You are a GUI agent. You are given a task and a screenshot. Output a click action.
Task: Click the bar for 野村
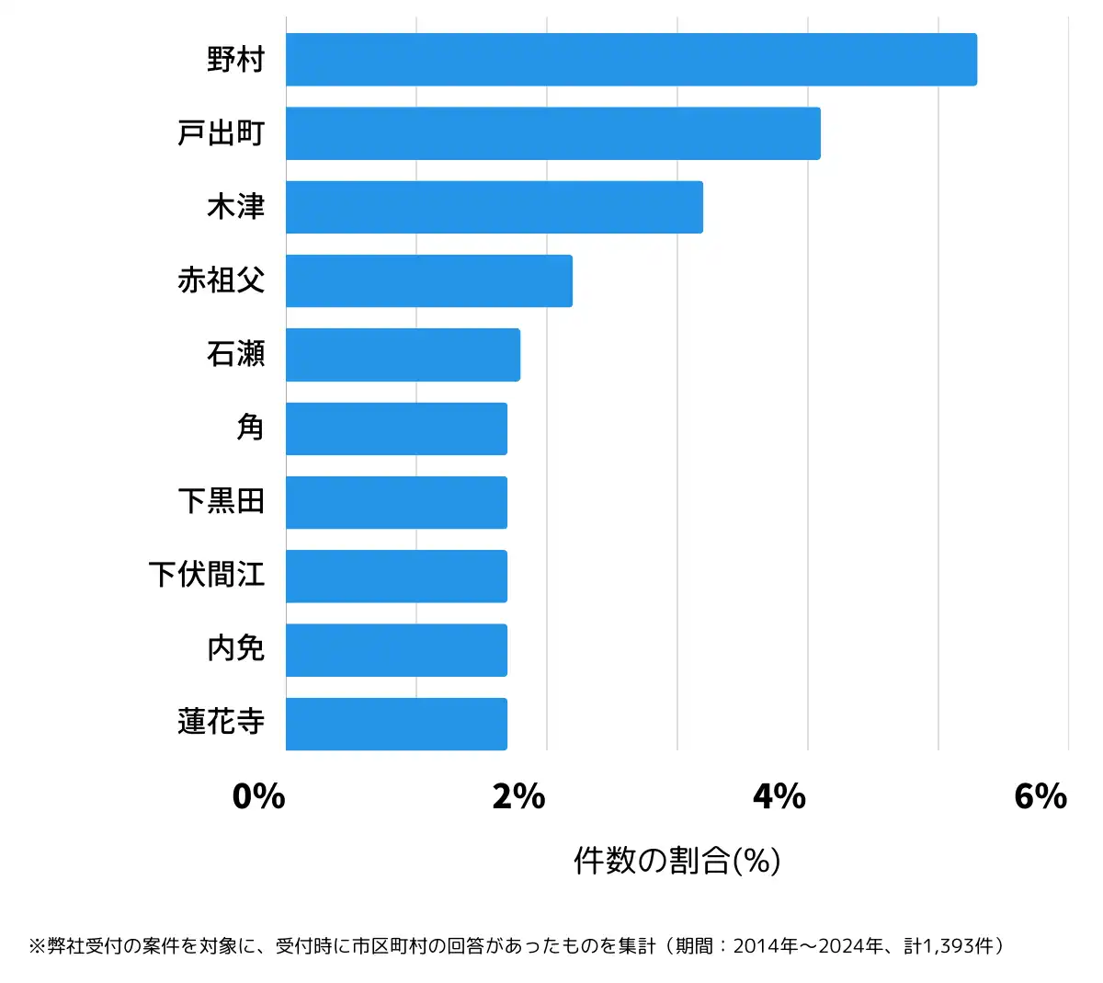pyautogui.click(x=631, y=60)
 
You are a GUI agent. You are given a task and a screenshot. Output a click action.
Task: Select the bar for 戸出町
pyautogui.click(x=552, y=133)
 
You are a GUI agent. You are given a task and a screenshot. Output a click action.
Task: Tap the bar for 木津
pyautogui.click(x=494, y=207)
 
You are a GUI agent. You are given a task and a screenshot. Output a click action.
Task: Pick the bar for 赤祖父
pyautogui.click(x=428, y=280)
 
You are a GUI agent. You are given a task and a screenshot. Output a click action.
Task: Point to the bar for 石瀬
pyautogui.click(x=403, y=354)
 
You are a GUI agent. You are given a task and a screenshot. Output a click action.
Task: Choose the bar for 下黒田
pyautogui.click(x=396, y=502)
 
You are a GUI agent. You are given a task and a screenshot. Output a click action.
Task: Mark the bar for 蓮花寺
pyautogui.click(x=396, y=724)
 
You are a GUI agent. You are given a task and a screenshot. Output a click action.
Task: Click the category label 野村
pyautogui.click(x=235, y=60)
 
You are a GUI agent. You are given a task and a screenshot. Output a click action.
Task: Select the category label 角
pyautogui.click(x=250, y=428)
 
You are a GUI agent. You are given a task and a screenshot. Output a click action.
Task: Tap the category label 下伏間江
pyautogui.click(x=207, y=575)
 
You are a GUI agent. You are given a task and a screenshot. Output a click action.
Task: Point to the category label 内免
pyautogui.click(x=235, y=648)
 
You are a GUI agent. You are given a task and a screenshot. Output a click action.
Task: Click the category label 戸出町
pyautogui.click(x=221, y=133)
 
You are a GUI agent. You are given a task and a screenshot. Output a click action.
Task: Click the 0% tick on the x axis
pyautogui.click(x=258, y=796)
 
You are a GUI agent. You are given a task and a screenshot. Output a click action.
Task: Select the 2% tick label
pyautogui.click(x=518, y=796)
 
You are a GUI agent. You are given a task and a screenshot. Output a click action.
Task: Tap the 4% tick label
pyautogui.click(x=779, y=796)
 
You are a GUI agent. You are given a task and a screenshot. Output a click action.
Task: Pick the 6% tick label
pyautogui.click(x=1040, y=796)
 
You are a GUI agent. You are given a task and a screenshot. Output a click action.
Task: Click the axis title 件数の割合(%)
pyautogui.click(x=677, y=861)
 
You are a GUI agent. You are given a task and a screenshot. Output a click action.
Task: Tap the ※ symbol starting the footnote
pyautogui.click(x=37, y=946)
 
